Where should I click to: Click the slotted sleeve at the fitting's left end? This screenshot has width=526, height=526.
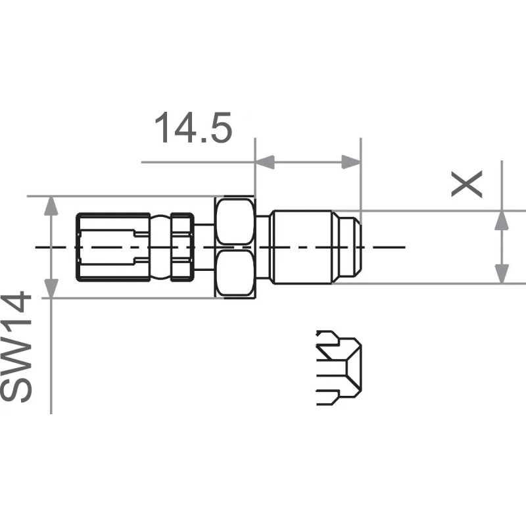click(x=112, y=247)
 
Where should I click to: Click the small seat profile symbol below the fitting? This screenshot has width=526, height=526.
click(x=338, y=367)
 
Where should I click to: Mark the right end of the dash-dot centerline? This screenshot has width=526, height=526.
click(x=404, y=247)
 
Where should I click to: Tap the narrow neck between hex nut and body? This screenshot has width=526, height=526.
click(x=262, y=247)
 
